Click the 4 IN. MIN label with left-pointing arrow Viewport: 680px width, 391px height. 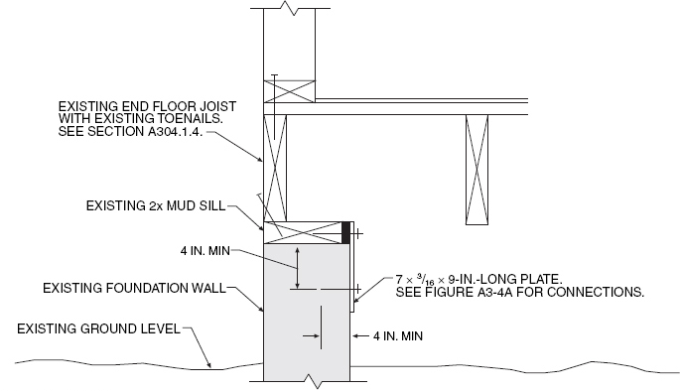point(397,337)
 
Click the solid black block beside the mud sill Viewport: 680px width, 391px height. point(345,232)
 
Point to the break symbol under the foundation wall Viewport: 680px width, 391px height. point(311,381)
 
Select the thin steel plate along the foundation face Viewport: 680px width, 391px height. point(353,277)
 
